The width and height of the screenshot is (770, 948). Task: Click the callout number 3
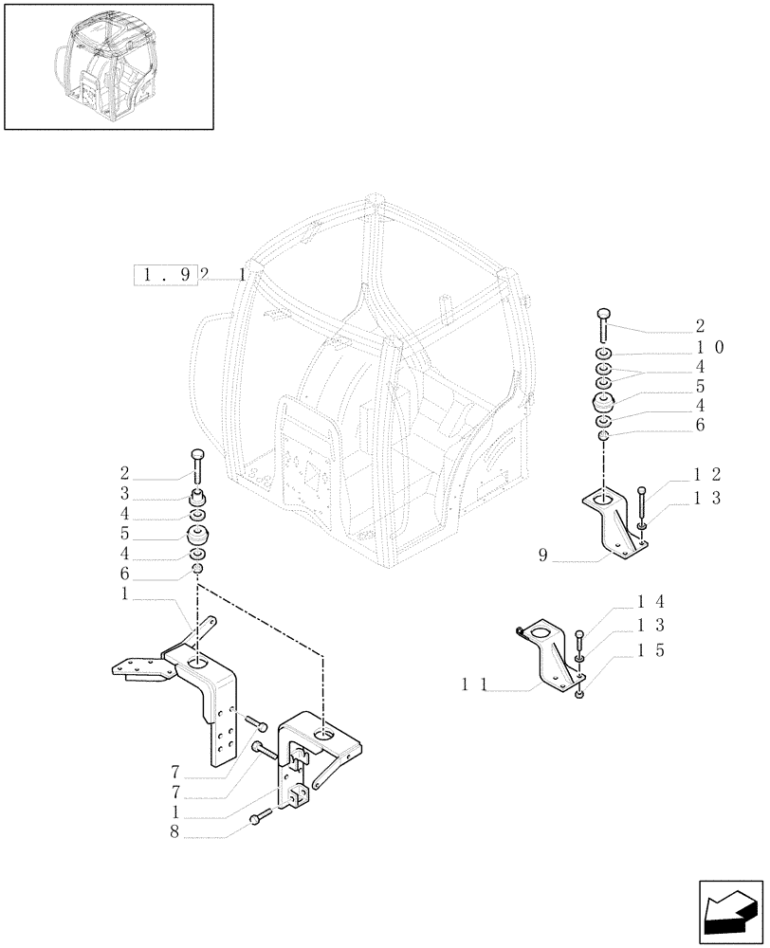pyautogui.click(x=124, y=495)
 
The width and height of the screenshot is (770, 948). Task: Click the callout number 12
pyautogui.click(x=708, y=473)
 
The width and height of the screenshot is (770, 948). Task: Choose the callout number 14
pyautogui.click(x=650, y=601)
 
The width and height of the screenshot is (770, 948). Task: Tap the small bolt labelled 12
pyautogui.click(x=643, y=499)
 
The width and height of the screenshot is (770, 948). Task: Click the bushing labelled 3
pyautogui.click(x=198, y=496)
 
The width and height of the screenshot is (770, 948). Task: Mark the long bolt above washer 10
pyautogui.click(x=603, y=323)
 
